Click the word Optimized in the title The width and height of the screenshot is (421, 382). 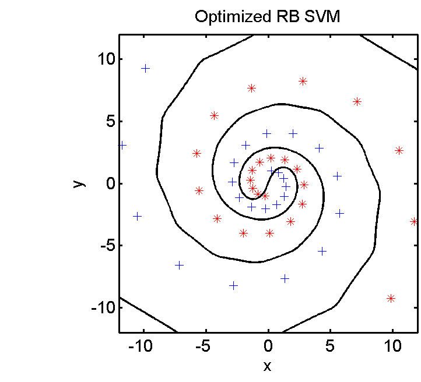[233, 17]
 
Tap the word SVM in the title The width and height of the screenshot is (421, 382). [322, 16]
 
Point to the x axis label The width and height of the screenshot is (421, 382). [267, 366]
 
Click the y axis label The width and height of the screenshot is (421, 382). [79, 184]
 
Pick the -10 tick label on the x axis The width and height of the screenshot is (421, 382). [140, 346]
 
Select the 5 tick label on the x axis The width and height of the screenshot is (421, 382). [330, 346]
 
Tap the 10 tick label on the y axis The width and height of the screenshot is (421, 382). [106, 59]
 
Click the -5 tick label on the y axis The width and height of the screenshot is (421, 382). [108, 246]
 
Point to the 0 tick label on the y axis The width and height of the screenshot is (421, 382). [111, 184]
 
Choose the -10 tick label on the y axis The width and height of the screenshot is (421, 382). [103, 307]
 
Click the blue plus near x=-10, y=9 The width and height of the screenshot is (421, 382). [145, 69]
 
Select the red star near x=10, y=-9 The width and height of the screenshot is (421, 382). [391, 298]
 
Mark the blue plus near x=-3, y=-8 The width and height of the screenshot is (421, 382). [234, 286]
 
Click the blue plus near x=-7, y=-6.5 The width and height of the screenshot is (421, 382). [179, 266]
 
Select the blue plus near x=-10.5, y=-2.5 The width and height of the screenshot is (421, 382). [137, 216]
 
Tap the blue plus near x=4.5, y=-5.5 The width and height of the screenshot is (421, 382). [322, 251]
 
